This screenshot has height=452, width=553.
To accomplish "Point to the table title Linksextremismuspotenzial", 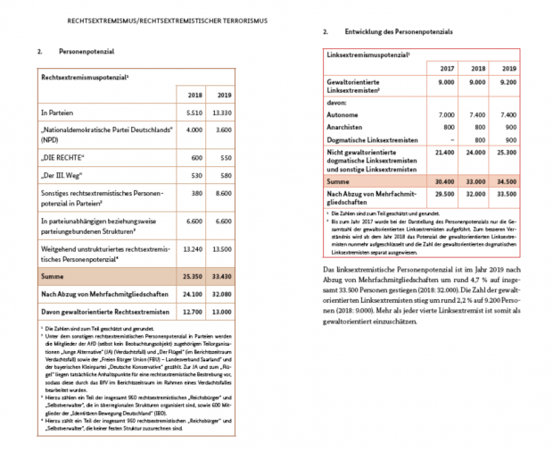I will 366,55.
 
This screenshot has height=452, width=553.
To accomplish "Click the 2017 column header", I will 445,68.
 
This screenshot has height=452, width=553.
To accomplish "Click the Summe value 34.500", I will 505,180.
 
